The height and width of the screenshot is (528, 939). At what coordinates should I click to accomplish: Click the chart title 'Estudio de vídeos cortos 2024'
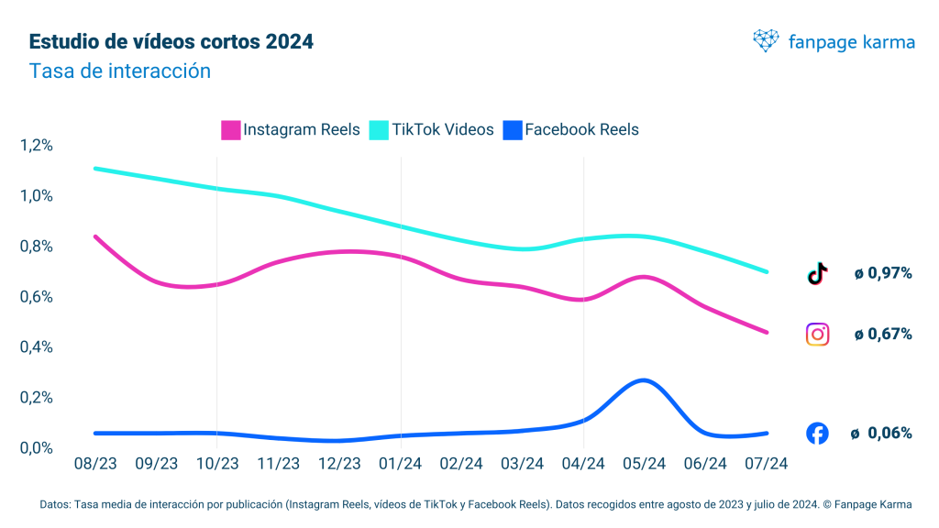click(x=171, y=42)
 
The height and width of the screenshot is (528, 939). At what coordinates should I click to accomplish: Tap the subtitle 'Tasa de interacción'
click(x=120, y=71)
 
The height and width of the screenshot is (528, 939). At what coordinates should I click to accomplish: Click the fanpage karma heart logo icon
click(x=765, y=40)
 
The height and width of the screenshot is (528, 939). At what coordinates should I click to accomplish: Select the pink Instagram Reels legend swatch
click(x=231, y=130)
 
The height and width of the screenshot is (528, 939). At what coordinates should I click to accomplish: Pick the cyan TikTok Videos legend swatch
click(x=379, y=130)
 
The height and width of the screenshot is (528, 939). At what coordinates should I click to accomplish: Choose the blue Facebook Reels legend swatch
click(x=513, y=130)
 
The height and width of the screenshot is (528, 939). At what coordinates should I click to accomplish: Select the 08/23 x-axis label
click(x=94, y=464)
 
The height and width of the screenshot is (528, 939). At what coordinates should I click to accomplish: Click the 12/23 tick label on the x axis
click(x=339, y=464)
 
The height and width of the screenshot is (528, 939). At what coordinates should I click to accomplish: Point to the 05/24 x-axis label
click(x=644, y=464)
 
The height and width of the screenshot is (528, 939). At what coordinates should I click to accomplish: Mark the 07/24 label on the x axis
click(x=767, y=464)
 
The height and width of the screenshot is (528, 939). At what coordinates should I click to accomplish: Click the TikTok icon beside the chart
click(x=817, y=272)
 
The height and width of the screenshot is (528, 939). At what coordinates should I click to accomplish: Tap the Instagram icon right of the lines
click(x=817, y=335)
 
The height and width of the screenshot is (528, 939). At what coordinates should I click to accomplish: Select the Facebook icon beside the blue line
click(x=817, y=434)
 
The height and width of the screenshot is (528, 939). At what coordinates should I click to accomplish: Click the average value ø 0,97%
click(x=882, y=273)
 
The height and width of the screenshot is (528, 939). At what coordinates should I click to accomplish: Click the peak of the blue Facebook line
click(x=644, y=379)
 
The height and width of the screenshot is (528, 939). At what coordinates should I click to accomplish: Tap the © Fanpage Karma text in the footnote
click(x=867, y=504)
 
